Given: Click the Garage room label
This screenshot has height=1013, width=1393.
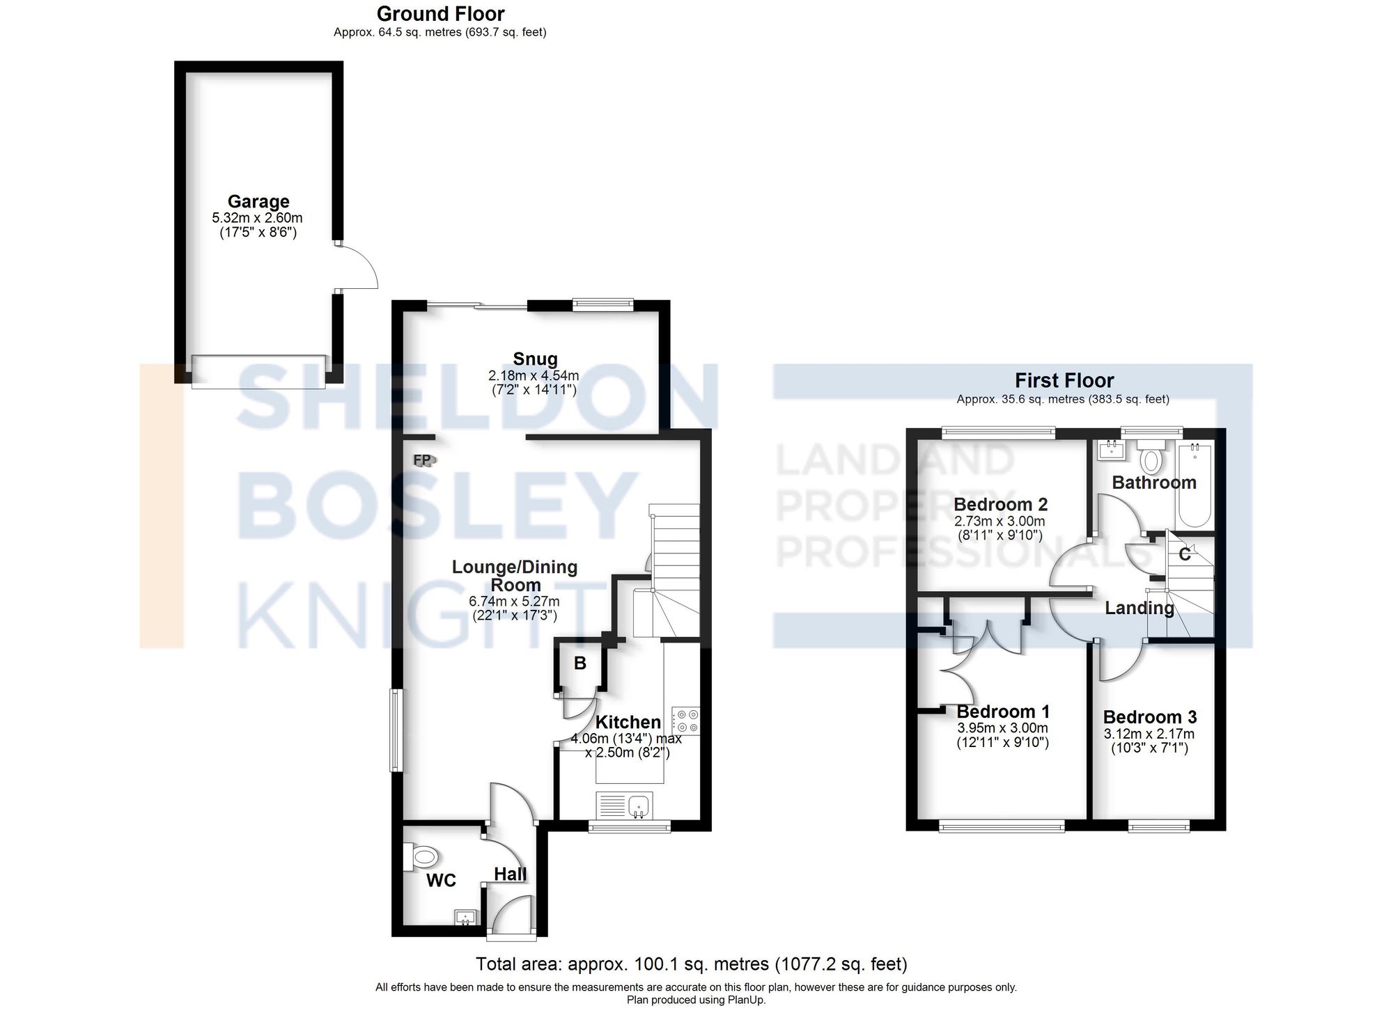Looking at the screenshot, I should click(258, 202).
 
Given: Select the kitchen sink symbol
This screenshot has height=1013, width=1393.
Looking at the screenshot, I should click(639, 806).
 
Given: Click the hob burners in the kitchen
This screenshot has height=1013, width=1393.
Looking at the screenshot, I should click(685, 721).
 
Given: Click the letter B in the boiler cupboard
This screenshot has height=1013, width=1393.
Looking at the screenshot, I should click(580, 663).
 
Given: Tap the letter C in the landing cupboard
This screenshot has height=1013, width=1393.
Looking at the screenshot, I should click(1184, 555).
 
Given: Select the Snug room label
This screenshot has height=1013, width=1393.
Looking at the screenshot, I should click(535, 359).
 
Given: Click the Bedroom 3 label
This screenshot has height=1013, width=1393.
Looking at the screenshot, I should click(1150, 717).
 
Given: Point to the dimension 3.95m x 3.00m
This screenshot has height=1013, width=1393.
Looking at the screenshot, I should click(1002, 728).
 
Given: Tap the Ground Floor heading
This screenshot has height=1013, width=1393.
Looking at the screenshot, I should click(440, 14).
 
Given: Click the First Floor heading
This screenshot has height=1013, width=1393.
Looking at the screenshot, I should click(1064, 381).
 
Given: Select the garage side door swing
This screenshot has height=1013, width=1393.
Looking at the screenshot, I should click(359, 268).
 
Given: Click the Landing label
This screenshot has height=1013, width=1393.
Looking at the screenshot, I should click(1139, 608).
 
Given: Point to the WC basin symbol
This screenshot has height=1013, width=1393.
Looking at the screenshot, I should click(465, 917).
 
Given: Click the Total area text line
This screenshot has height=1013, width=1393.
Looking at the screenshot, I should click(691, 964).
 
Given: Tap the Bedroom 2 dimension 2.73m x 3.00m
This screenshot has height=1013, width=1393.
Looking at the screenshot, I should click(999, 521).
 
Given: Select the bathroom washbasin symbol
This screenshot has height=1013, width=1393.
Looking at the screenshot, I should click(1110, 450).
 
